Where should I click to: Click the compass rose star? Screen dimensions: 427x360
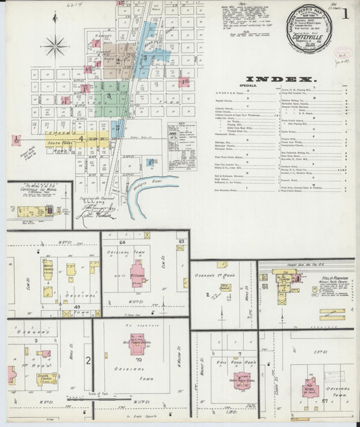[x=55, y=47]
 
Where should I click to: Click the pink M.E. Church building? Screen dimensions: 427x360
[x=137, y=275]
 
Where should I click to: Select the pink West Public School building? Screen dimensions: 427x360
[x=137, y=344]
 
